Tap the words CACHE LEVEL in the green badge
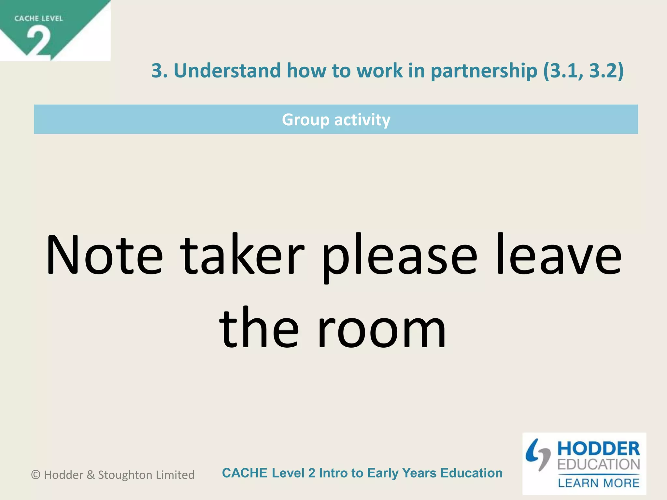tap(38, 19)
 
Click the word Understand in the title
tap(227, 71)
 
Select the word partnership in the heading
tap(484, 71)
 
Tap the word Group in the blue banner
tap(305, 120)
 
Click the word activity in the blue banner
tap(362, 120)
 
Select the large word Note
tap(104, 256)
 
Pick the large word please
tap(399, 256)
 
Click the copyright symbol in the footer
tap(35, 475)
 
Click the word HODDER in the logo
tap(599, 449)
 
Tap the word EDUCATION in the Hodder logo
tap(599, 465)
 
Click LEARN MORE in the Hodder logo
tap(599, 483)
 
